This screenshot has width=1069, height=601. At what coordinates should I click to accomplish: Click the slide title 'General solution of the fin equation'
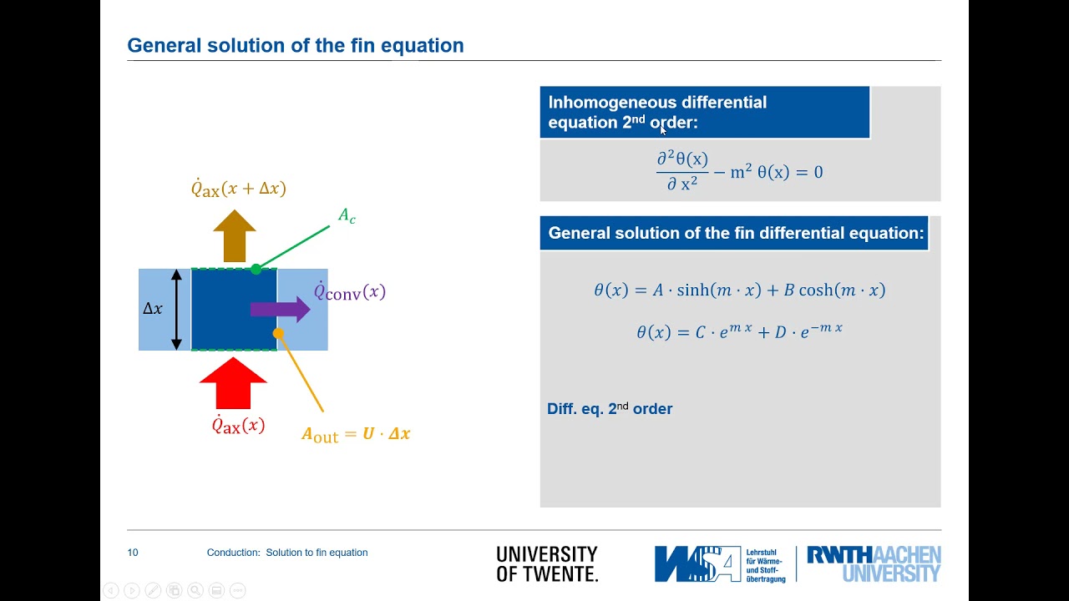pos(295,46)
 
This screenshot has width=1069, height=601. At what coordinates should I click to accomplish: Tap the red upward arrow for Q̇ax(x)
pos(233,383)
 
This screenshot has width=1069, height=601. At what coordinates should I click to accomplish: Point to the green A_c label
pos(347,216)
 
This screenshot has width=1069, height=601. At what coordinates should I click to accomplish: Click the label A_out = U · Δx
pos(356,434)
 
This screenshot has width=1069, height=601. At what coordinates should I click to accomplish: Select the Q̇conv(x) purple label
pos(349,292)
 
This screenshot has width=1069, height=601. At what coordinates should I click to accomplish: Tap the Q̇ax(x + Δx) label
pos(238,189)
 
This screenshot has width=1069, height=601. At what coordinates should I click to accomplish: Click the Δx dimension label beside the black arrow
pos(153,309)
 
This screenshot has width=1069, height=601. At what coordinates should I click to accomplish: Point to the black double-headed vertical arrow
pos(176,309)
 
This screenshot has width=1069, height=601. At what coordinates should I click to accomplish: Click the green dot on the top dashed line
pos(256,269)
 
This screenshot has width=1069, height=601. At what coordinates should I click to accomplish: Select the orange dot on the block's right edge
pos(278,333)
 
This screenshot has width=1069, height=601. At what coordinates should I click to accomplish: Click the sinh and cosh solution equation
pos(739,290)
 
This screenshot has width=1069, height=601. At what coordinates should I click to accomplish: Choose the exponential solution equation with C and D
pos(739,331)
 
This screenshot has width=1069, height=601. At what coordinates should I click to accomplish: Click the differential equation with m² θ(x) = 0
pos(739,171)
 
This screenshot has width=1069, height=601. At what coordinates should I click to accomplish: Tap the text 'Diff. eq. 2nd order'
pos(610,409)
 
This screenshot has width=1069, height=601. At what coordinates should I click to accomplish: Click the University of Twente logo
pos(547,564)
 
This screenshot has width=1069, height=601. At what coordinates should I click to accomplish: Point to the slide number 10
pos(133,553)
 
